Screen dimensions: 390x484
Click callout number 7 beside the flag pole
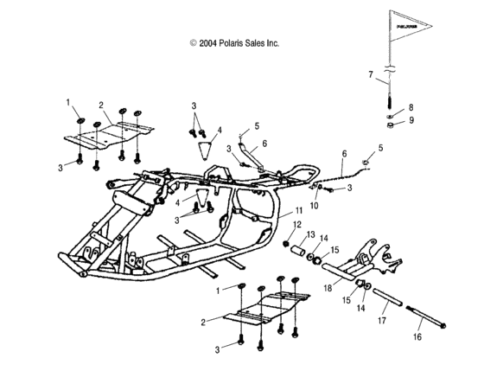pyautogui.click(x=371, y=75)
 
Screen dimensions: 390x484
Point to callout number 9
pyautogui.click(x=411, y=120)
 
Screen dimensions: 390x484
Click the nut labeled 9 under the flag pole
pyautogui.click(x=391, y=125)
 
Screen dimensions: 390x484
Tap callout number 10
pyautogui.click(x=315, y=206)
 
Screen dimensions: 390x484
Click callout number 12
pyautogui.click(x=297, y=225)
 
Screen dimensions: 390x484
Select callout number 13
pyautogui.click(x=310, y=234)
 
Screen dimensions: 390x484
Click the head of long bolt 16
pyautogui.click(x=444, y=327)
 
